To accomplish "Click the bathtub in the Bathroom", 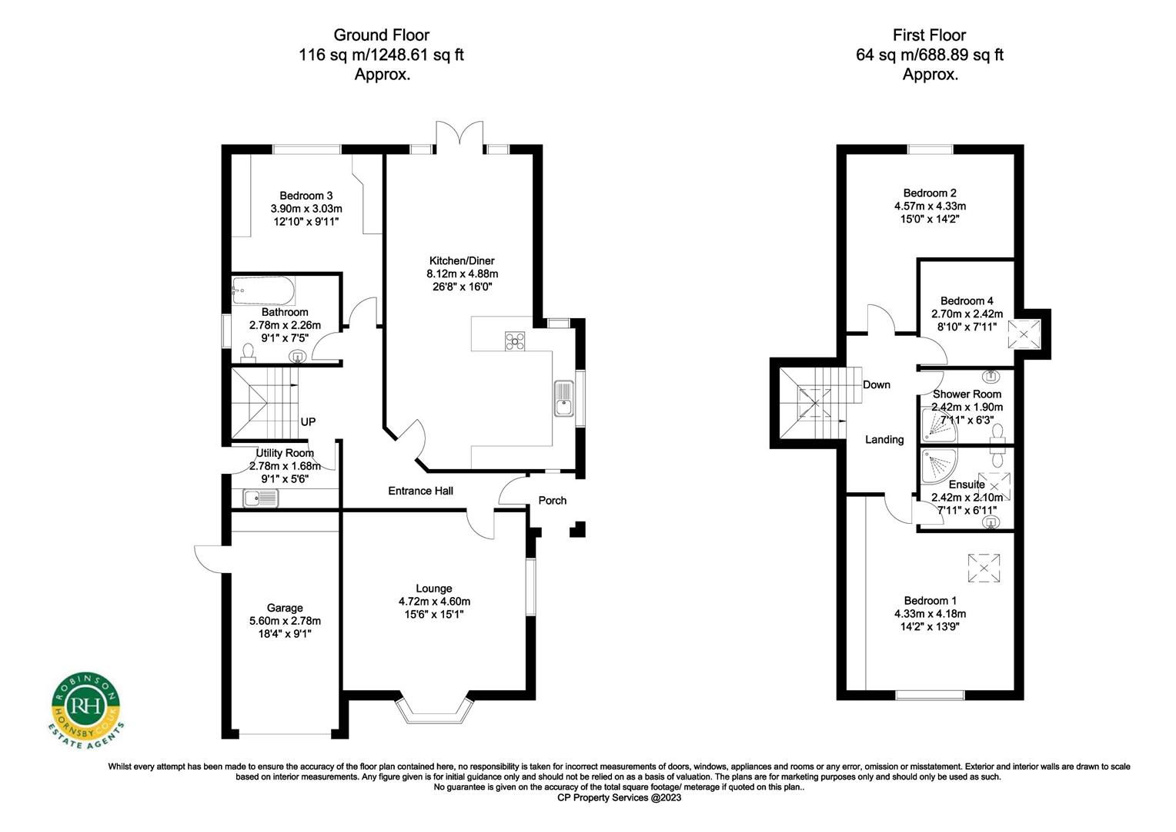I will pos(262,290).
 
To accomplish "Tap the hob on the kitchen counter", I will pos(515,341).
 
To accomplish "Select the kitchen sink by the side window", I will pos(564,398).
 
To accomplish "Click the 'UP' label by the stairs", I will pos(308,421).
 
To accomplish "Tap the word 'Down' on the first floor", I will pos(876,384).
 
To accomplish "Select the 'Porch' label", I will pos(552,500).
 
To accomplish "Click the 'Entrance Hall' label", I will pos(420,491).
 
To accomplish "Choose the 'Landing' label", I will pos(884,439).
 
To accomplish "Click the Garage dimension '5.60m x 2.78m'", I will pos(285,621).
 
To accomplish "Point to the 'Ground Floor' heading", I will pos(381,35).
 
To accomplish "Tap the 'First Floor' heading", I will pos(929,35).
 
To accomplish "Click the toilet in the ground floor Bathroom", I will pos(248,353).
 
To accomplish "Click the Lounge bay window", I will pos(436,710).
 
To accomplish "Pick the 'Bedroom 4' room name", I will pos(967,300).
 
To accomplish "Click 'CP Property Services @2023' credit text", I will pos(619,798).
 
